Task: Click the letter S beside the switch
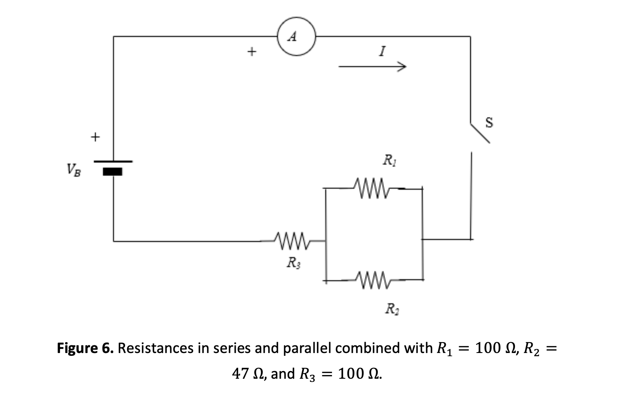coord(489,122)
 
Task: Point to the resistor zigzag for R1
coord(371,187)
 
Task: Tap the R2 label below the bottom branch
coord(389,310)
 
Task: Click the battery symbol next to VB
coord(113,167)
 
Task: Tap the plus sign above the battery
coord(95,137)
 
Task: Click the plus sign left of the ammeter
coord(251,51)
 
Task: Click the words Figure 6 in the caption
coord(85,348)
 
